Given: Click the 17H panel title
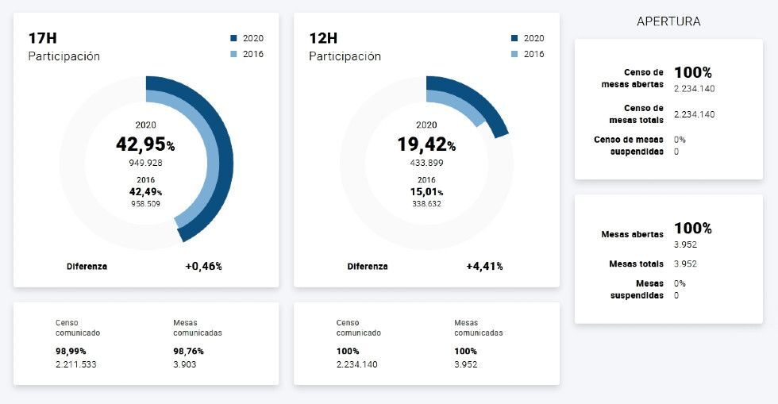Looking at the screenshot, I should pos(42,38).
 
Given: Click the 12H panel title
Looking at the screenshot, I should pos(323,38).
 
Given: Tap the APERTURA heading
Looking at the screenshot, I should pos(668,21).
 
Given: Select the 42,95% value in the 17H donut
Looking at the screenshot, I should pos(145,144).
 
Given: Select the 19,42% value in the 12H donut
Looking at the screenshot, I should pos(426,144).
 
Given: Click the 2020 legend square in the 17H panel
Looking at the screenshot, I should pos(233,38).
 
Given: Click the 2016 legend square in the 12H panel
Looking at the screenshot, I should pos(514,54).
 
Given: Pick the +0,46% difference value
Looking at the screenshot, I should pos(203,267).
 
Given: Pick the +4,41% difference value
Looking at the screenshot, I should pos(484,267).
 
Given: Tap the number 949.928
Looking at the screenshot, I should pos(145,163).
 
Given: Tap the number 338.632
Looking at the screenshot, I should pos(426,203).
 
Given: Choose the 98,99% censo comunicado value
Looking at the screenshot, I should pos(71,351).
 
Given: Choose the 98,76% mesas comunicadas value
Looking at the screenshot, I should pos(188,351).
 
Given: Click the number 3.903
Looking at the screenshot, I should pos(184,364).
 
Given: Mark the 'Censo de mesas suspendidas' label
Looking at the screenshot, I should pos(628,145).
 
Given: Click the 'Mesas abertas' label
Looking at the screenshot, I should pos(632,234).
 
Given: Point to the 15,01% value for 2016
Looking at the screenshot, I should pos(426,191).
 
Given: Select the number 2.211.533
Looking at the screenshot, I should pos(75,364).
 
